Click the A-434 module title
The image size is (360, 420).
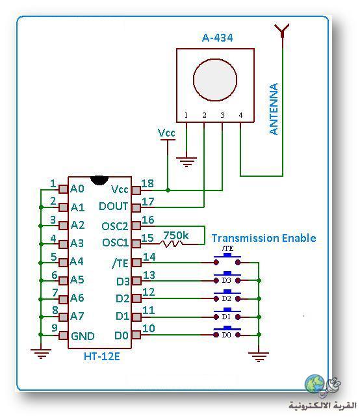click(217, 38)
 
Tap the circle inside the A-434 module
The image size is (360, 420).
click(215, 79)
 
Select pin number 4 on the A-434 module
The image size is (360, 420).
click(240, 115)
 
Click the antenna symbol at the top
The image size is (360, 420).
click(282, 31)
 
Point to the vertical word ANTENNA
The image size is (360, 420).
click(274, 109)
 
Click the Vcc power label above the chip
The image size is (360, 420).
click(166, 133)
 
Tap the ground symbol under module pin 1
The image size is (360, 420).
click(186, 161)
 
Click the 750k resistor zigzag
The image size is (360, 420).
click(172, 244)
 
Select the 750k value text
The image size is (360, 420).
click(176, 235)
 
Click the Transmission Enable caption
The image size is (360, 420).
click(264, 238)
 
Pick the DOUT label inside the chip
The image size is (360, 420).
click(113, 206)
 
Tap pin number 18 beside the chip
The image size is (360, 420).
click(148, 183)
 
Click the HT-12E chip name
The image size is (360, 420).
click(102, 356)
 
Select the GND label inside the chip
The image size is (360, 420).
click(83, 336)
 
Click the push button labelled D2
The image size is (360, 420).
click(227, 296)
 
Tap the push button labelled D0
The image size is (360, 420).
click(227, 332)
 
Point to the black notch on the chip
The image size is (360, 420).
click(99, 180)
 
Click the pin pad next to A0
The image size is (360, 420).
click(63, 189)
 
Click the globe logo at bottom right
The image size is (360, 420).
click(315, 384)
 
